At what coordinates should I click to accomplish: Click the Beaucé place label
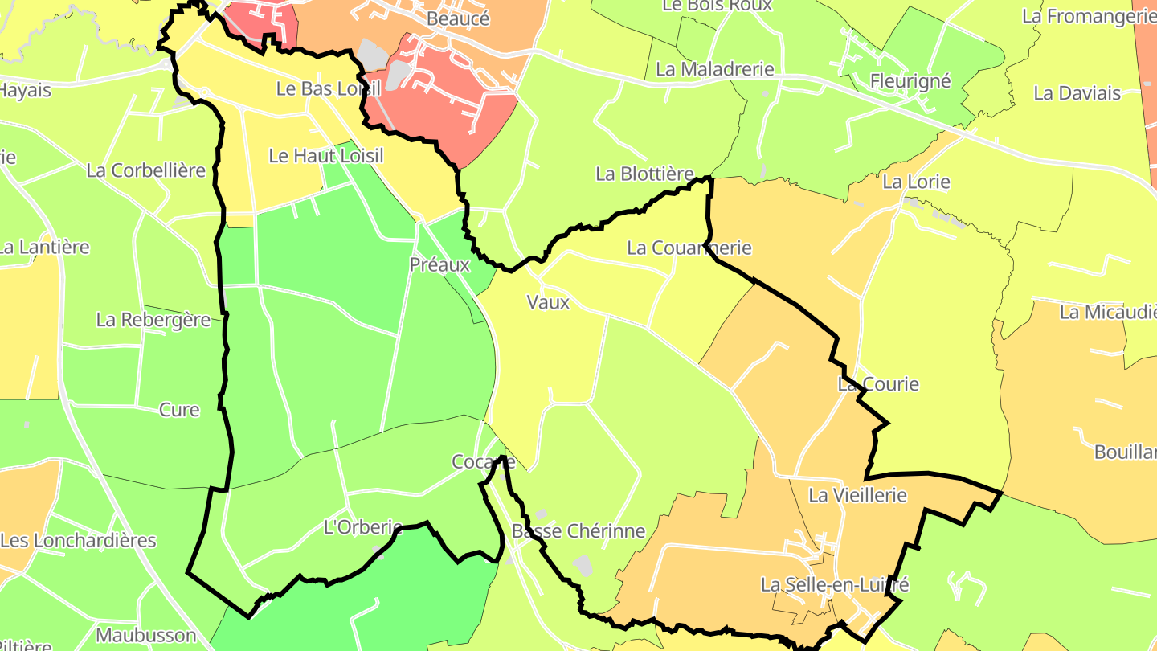[x=458, y=18]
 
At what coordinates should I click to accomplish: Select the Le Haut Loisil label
[x=326, y=156]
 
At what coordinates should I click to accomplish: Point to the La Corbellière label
[x=145, y=170]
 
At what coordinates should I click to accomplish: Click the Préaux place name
[x=439, y=264]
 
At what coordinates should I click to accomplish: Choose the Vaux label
[x=548, y=302]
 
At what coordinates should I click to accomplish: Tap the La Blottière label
[x=644, y=174]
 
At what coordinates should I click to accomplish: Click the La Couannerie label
[x=689, y=248]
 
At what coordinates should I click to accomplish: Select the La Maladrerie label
[x=714, y=69]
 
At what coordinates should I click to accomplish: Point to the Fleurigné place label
[x=910, y=81]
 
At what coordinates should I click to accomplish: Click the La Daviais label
[x=1077, y=93]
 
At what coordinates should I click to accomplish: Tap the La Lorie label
[x=916, y=182]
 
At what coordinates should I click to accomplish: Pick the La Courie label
[x=878, y=384]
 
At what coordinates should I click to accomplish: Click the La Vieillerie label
[x=857, y=495]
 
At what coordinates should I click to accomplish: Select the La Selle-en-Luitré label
[x=835, y=584]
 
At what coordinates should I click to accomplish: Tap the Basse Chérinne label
[x=578, y=531]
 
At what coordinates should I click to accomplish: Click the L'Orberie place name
[x=362, y=528]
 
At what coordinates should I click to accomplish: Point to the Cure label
[x=179, y=410]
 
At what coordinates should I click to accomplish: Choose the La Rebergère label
[x=153, y=320]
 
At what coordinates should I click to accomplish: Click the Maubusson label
[x=145, y=636]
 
